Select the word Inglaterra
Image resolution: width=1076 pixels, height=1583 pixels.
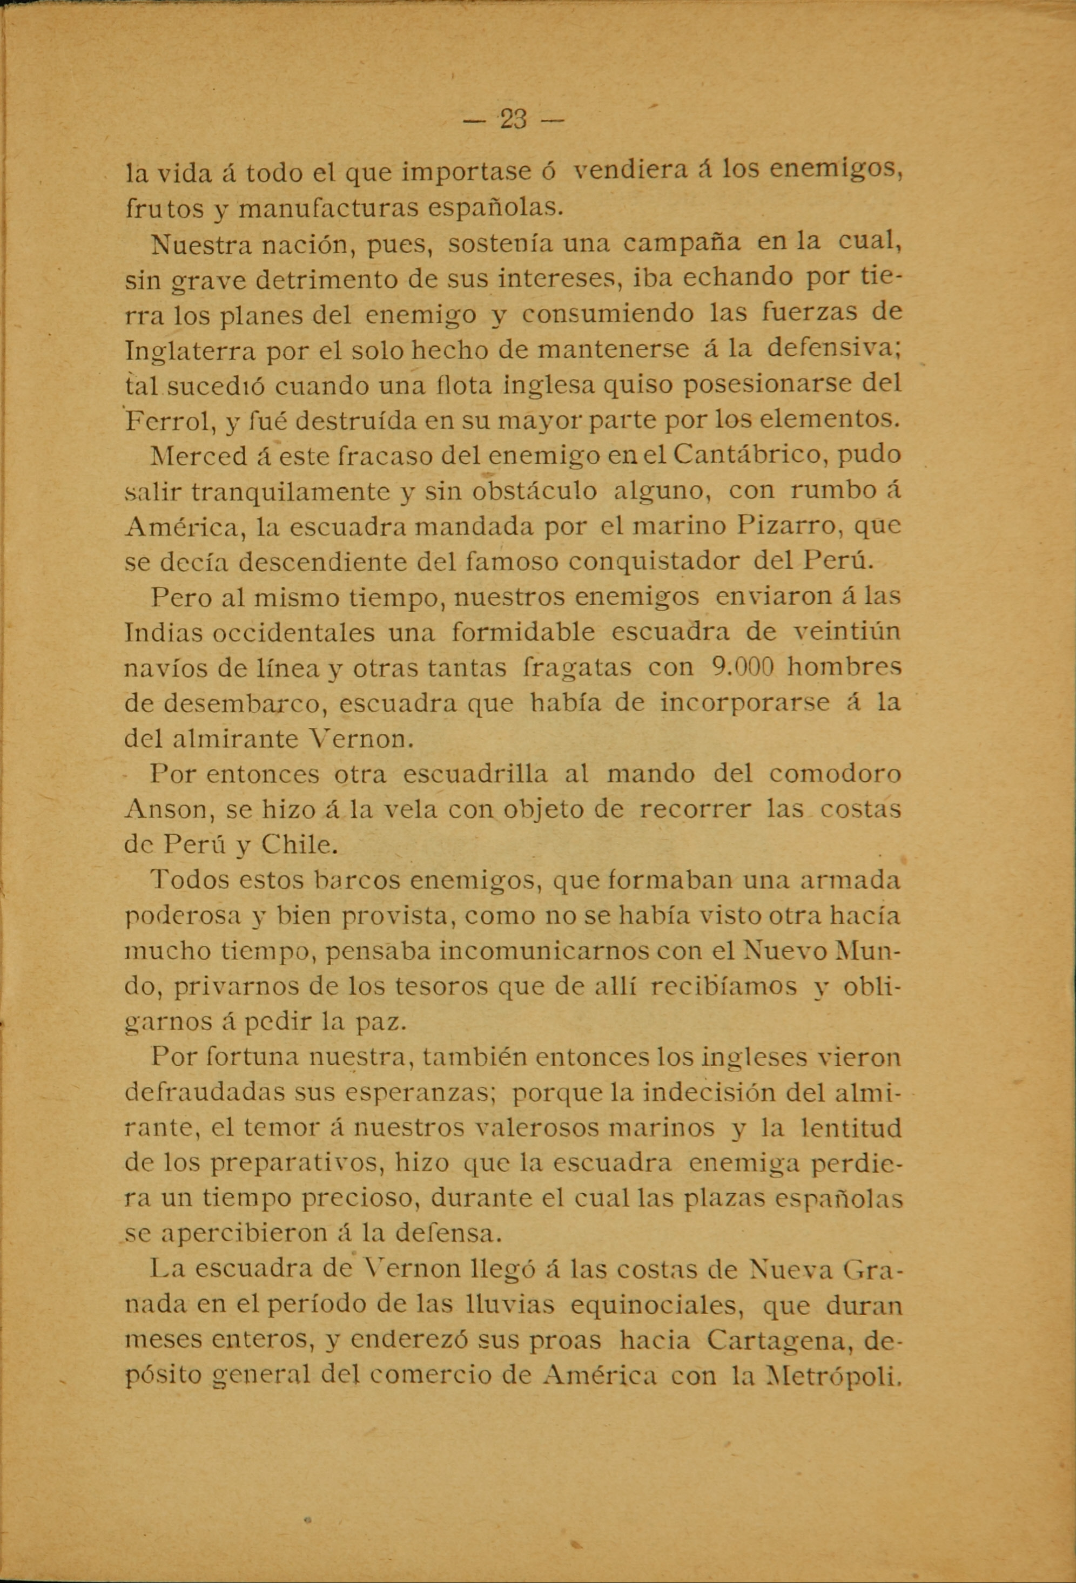point(189,350)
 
